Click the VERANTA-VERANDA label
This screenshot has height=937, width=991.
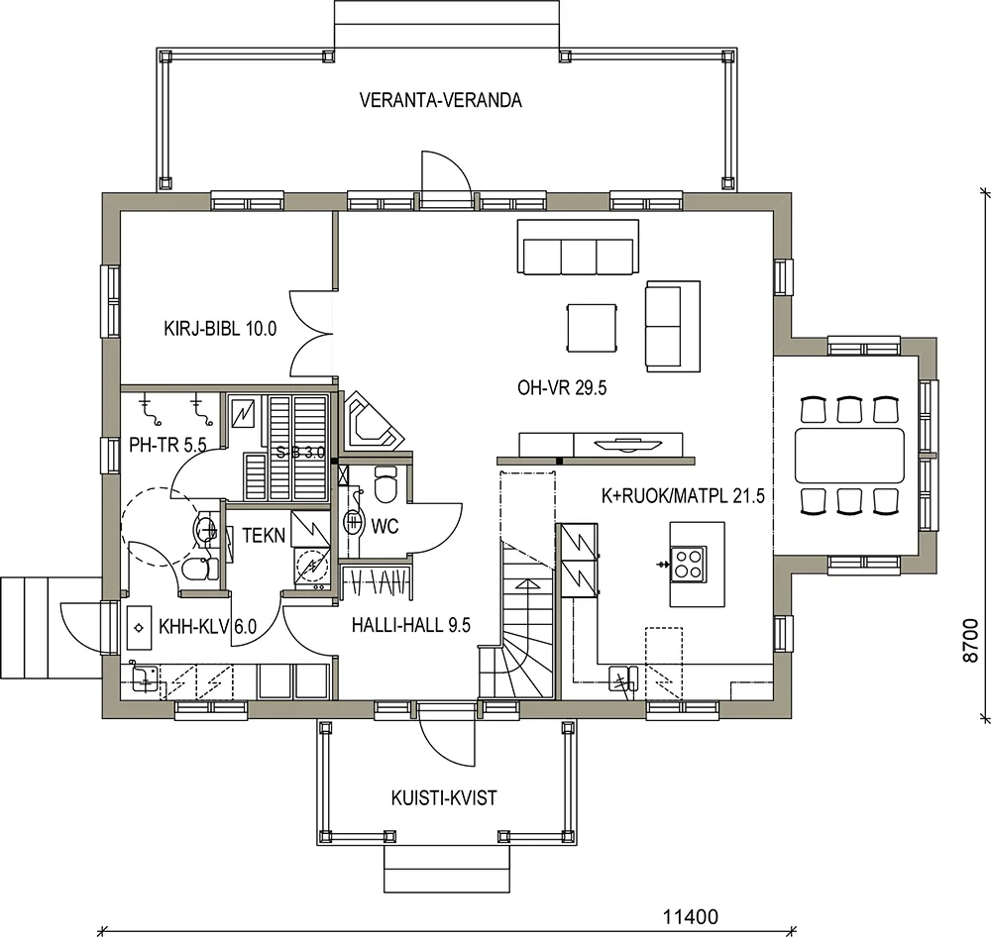[x=441, y=100]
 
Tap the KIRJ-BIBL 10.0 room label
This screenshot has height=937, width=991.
[x=220, y=329]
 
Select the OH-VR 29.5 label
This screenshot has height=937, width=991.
[x=562, y=387]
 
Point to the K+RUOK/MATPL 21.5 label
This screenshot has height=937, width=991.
[x=683, y=496]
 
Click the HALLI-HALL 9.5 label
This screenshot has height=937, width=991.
[x=411, y=626]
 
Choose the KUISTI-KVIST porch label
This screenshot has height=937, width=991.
[x=444, y=798]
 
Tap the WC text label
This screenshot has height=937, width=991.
[x=385, y=526]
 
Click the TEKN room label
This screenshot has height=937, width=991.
[x=264, y=536]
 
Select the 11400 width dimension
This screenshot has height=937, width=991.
[x=691, y=916]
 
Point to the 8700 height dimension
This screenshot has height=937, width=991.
[x=971, y=641]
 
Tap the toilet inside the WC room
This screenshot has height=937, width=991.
[x=385, y=483]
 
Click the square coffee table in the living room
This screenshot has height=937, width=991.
[x=592, y=327]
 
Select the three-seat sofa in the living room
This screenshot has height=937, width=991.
[x=578, y=247]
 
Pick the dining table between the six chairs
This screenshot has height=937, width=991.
[x=849, y=455]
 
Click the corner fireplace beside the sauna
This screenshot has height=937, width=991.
[x=373, y=420]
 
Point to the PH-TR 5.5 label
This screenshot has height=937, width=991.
[x=167, y=445]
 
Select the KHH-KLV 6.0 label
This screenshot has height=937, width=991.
[x=207, y=627]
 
